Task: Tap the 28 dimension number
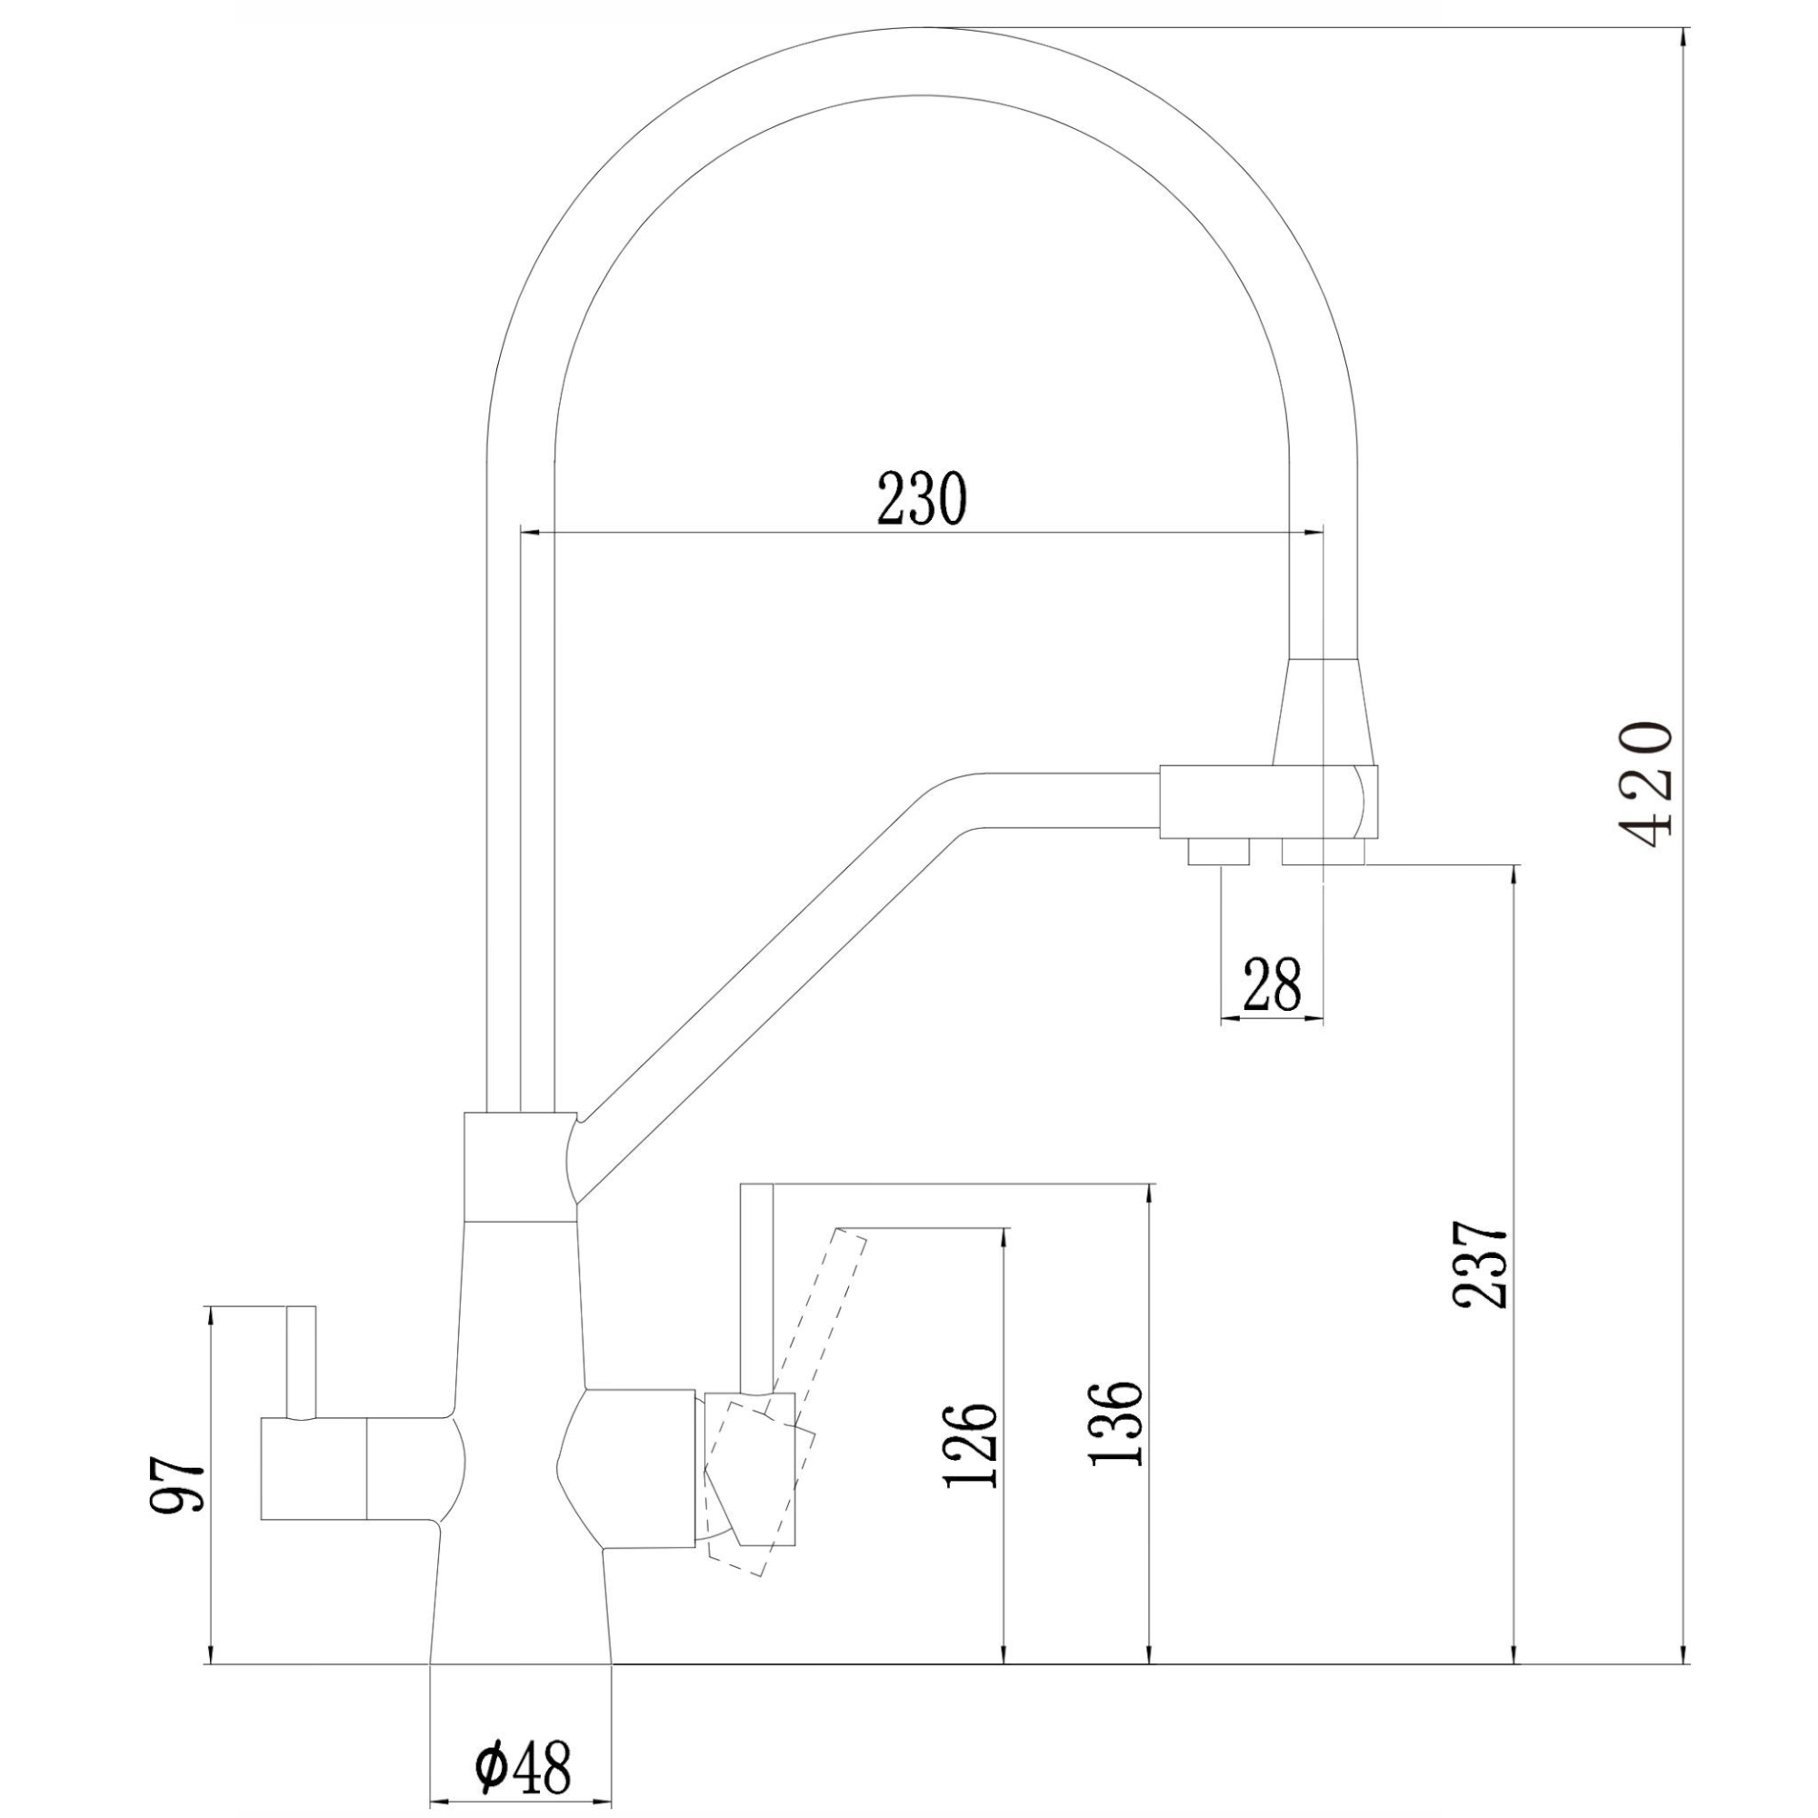pyautogui.click(x=1272, y=984)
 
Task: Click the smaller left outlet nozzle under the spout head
pyautogui.click(x=1218, y=852)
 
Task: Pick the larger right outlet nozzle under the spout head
pyautogui.click(x=1322, y=852)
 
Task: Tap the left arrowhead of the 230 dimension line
pyautogui.click(x=527, y=534)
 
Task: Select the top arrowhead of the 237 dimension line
pyautogui.click(x=1514, y=872)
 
